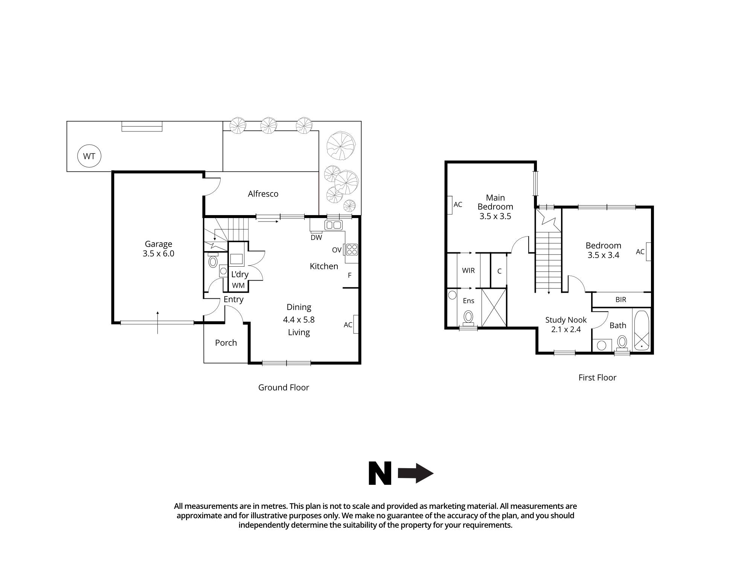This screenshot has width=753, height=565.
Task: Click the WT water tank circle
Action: (x=89, y=156)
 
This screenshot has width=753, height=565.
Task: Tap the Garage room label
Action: (x=159, y=244)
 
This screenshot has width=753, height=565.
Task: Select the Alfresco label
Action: (x=263, y=194)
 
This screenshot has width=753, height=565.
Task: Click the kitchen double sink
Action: (x=333, y=225)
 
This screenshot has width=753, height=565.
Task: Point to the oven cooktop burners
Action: (x=352, y=249)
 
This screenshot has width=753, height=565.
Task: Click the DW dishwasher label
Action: (x=316, y=238)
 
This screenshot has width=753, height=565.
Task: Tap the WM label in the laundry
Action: (x=238, y=286)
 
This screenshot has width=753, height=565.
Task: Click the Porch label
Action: (x=226, y=343)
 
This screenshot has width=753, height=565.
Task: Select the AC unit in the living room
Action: (x=355, y=324)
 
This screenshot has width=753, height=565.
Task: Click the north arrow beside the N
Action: (x=416, y=473)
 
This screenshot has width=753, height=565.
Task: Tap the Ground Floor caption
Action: (x=284, y=388)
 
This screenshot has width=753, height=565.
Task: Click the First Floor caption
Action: (x=597, y=378)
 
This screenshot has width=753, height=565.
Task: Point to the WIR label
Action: (x=468, y=270)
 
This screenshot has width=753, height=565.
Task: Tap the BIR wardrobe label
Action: (x=621, y=300)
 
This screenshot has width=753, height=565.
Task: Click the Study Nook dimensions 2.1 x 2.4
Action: (x=566, y=330)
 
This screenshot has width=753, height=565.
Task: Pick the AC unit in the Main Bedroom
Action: (x=450, y=205)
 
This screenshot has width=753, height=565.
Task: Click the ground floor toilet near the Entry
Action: (x=213, y=261)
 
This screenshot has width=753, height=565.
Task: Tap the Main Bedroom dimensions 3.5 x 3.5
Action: (x=495, y=217)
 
